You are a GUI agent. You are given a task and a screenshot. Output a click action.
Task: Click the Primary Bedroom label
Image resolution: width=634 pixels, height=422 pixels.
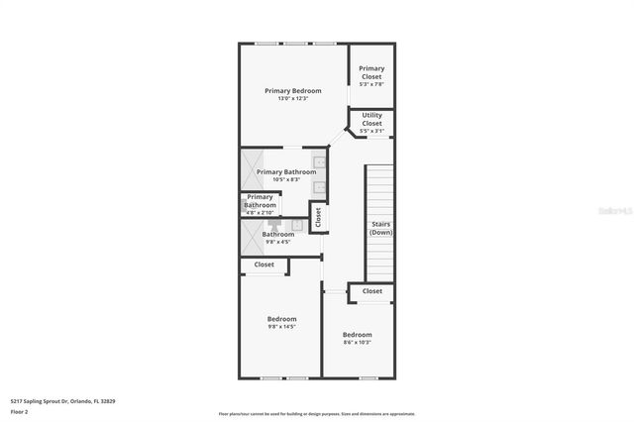(x=292, y=91)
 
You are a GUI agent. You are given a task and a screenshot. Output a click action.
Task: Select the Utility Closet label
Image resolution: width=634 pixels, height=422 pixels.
(x=371, y=119)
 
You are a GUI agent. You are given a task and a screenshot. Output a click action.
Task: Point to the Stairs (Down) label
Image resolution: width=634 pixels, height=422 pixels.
(x=380, y=228)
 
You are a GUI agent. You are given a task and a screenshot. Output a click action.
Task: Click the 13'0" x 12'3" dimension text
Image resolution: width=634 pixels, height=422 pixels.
(x=292, y=99)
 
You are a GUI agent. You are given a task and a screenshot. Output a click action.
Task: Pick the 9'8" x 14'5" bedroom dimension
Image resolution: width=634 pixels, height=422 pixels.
(x=282, y=327)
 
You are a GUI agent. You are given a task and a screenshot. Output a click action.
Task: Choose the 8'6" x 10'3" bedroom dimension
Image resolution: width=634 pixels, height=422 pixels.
(x=357, y=343)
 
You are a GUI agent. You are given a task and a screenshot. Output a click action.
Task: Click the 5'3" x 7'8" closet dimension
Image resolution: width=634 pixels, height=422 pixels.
(x=371, y=84)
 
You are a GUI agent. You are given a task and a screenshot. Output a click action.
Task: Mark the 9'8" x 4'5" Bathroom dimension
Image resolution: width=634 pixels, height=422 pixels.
(x=277, y=242)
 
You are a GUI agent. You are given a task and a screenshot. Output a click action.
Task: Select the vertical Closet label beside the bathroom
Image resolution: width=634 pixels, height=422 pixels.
(x=318, y=216)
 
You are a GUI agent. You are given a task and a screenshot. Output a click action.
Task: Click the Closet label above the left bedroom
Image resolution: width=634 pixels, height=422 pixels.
(x=264, y=264)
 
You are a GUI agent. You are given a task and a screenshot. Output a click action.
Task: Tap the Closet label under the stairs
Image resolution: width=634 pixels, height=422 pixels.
(x=371, y=291)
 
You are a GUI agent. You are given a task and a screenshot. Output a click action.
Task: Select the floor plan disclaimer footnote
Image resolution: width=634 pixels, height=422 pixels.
(x=331, y=414)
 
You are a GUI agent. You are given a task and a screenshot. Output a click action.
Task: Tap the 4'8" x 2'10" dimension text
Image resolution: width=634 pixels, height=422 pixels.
(x=261, y=213)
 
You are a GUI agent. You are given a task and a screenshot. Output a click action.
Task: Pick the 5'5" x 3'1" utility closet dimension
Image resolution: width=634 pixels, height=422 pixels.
(x=371, y=131)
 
